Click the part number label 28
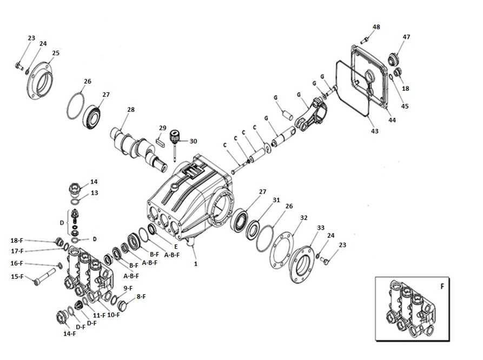(x=130, y=110)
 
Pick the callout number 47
(x=406, y=37)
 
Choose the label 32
(x=304, y=218)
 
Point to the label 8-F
(x=142, y=296)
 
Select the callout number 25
(x=56, y=53)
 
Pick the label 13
(x=94, y=192)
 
